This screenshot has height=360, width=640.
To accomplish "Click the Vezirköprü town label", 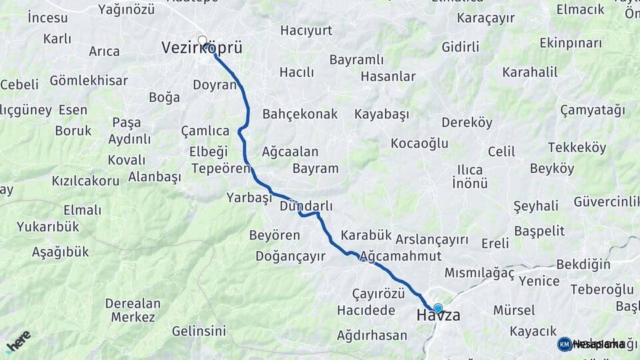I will pyautogui.click(x=201, y=48).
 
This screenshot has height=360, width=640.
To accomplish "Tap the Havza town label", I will pyautogui.click(x=438, y=315).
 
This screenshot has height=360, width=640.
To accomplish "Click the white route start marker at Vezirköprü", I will pyautogui.click(x=203, y=40).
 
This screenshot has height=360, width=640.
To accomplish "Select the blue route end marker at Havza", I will pyautogui.click(x=438, y=307).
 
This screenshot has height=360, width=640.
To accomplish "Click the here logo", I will pyautogui.click(x=18, y=341).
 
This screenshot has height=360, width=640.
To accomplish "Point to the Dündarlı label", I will pyautogui.click(x=306, y=207).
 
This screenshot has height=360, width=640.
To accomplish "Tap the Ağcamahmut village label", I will pyautogui.click(x=401, y=256).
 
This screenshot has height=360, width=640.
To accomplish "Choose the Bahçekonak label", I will pyautogui.click(x=300, y=114).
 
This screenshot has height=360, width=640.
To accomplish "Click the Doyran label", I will pyautogui.click(x=215, y=85).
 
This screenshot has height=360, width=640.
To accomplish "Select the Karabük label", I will pyautogui.click(x=365, y=235).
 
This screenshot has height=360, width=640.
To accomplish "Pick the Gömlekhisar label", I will pyautogui.click(x=89, y=81).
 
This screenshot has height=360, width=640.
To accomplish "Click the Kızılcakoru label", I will pyautogui.click(x=86, y=181).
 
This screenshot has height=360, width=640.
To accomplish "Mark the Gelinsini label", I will pyautogui.click(x=199, y=331).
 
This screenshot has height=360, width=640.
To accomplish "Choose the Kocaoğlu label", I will pyautogui.click(x=419, y=143).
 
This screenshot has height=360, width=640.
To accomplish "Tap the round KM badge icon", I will pyautogui.click(x=564, y=344).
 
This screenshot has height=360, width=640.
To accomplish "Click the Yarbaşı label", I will pyautogui.click(x=249, y=198).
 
